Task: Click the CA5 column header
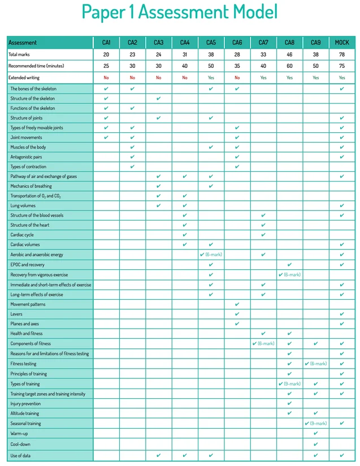211,42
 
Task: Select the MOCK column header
342,42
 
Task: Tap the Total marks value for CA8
289,54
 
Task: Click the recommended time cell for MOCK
342,66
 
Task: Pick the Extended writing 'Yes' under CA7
263,77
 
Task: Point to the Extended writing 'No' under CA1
106,77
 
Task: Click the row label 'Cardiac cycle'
22,235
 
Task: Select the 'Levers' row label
16,314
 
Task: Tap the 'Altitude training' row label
25,413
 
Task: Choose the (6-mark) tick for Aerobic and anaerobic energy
211,254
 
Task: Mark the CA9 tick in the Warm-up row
315,433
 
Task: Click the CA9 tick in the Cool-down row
315,444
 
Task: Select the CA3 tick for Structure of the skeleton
158,98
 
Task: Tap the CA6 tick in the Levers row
237,314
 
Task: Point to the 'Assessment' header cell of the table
23,42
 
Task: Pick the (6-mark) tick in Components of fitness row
263,343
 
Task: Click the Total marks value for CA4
185,54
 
